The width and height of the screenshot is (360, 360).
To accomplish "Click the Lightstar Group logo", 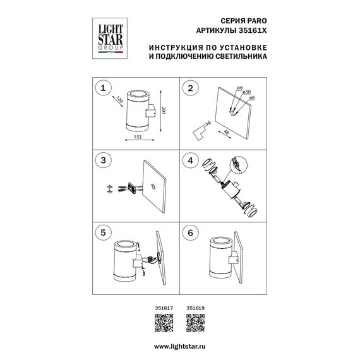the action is (110, 39).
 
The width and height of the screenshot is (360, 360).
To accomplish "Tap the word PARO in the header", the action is (257, 21).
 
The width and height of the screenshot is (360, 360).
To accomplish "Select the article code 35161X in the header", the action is (253, 30).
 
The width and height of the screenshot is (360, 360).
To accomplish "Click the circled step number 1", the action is (103, 88).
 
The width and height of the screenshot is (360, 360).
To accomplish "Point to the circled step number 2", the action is (190, 88).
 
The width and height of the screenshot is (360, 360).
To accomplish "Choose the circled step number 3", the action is (103, 160).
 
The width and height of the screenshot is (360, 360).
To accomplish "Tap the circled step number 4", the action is (190, 160).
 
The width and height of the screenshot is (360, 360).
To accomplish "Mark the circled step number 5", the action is (103, 232).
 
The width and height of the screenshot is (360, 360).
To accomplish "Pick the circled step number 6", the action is (190, 232).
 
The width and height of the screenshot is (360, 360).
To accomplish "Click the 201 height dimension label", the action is (164, 111).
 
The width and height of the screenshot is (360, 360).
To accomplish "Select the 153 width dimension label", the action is (138, 137).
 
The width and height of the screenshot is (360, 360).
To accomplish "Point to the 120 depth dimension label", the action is (120, 100).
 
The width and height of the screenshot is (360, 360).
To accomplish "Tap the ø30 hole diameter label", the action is (246, 92).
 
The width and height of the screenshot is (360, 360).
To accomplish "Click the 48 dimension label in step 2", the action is (226, 132).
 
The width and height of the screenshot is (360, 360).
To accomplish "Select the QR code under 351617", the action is (164, 323).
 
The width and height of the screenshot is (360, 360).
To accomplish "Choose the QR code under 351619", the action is (195, 323).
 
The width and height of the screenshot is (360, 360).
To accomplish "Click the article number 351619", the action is (195, 308).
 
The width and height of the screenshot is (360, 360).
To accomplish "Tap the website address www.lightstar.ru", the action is (180, 347).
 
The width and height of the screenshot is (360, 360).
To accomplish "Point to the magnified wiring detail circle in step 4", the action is (239, 165).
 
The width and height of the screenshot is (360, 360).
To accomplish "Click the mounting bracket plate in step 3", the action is (132, 188).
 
